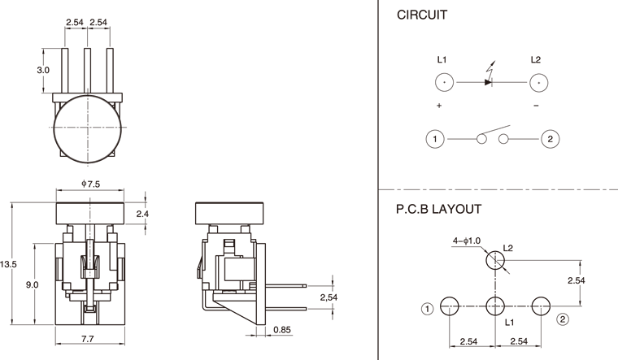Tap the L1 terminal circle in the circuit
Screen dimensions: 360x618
444,83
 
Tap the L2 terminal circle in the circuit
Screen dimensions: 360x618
536,83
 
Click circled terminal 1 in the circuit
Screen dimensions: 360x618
435,139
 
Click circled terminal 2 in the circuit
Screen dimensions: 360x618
551,139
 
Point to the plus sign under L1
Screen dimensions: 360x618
439,106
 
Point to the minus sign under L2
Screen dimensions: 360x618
536,106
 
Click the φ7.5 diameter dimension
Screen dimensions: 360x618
89,184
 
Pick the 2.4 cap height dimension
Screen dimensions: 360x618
141,214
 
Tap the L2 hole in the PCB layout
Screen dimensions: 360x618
495,261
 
